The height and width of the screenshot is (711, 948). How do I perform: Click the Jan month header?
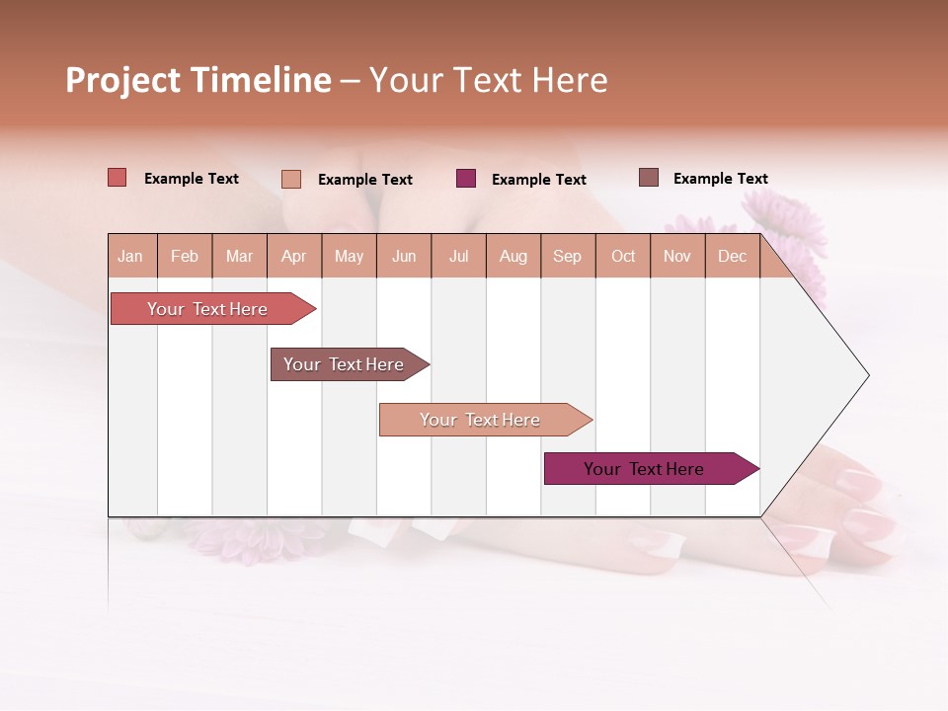pos(130,256)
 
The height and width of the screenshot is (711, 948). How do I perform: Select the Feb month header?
pos(185,256)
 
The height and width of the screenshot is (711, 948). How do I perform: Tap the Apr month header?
pos(293,256)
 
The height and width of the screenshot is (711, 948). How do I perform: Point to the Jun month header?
pos(404,256)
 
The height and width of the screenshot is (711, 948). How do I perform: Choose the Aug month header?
pos(513,256)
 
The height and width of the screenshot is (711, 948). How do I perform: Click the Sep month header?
pos(567,256)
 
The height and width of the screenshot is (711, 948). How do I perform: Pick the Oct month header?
pos(623,256)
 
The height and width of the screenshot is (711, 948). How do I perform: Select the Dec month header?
pos(732,256)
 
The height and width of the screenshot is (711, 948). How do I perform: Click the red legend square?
pos(118,178)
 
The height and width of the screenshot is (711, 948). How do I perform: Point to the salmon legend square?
pos(291,179)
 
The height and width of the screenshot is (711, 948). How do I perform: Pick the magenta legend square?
pos(466,179)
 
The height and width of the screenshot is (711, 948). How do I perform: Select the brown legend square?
pos(649,178)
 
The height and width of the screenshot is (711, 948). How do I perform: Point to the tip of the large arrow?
pos(866,375)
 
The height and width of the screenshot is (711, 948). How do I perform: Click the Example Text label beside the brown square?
pos(720,179)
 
